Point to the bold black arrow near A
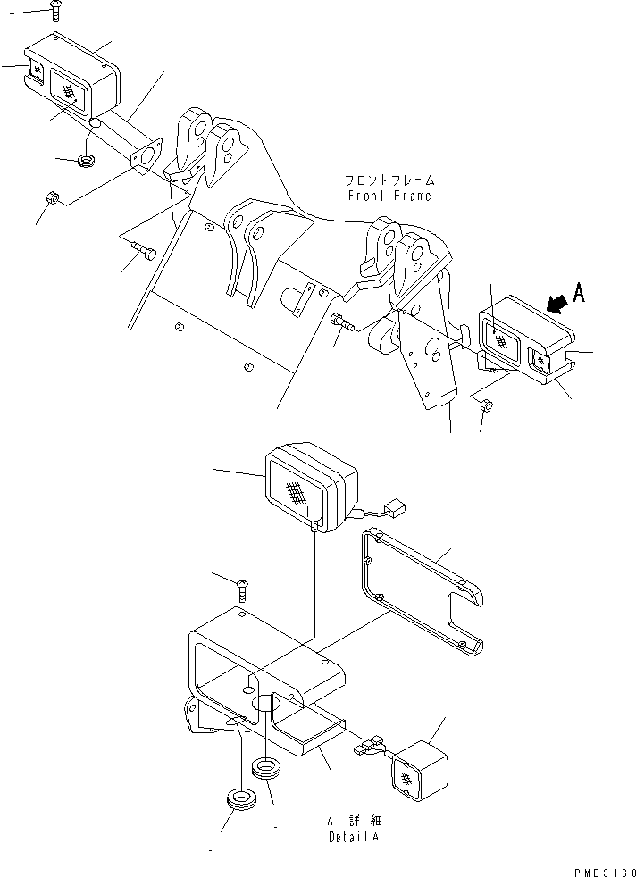[554, 305]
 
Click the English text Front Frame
[389, 196]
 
